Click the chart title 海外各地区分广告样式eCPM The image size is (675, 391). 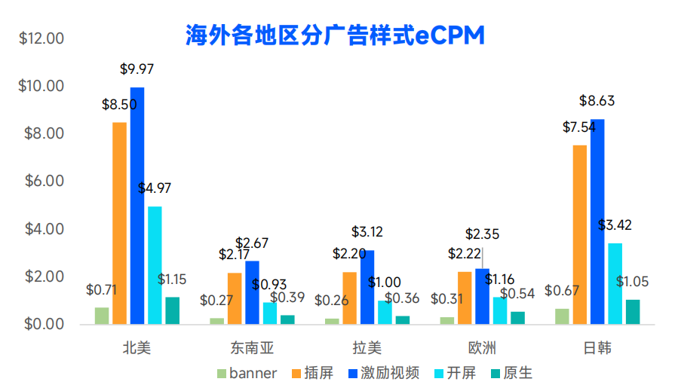point(335,35)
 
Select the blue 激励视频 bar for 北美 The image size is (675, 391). point(137,205)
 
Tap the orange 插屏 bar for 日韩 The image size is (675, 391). point(579,234)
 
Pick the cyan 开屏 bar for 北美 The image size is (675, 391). point(155,264)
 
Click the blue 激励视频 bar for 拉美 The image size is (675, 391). point(367,286)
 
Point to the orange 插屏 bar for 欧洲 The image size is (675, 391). point(465,298)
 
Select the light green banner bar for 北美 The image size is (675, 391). point(102,315)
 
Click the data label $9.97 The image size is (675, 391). point(137,69)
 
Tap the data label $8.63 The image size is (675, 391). point(597,100)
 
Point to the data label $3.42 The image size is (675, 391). point(615,225)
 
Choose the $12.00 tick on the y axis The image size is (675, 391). point(42,38)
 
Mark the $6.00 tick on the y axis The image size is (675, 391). point(42,182)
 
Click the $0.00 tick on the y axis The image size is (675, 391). point(42,325)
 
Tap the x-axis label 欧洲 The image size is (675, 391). point(481,348)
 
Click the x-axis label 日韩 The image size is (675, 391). point(597,348)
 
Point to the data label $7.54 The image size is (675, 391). point(578,127)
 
